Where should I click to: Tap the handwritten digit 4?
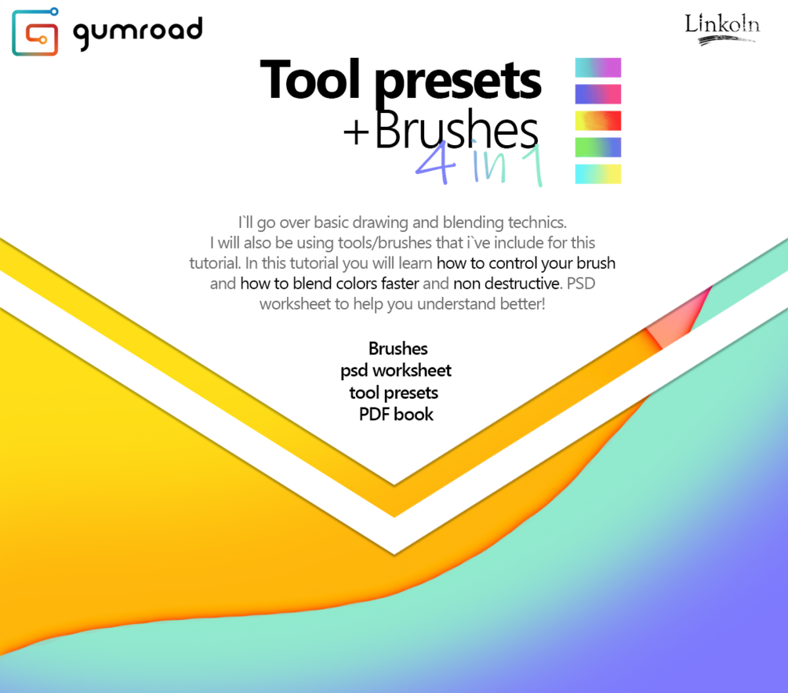pos(432,164)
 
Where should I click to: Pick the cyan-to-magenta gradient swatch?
pos(597,67)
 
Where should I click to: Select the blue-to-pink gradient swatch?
pos(597,94)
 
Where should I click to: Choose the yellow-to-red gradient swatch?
pos(597,121)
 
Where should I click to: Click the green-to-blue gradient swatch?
pos(597,147)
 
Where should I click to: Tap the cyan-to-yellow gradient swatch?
pos(597,174)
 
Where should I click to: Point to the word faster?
pos(396,283)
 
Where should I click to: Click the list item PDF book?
pos(396,414)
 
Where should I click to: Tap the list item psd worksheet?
pos(396,370)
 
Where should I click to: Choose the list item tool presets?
pos(394,392)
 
